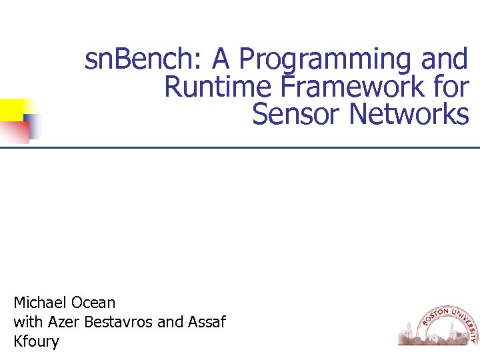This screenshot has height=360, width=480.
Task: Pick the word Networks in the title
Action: click(409, 115)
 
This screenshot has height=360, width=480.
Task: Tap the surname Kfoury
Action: click(36, 342)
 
